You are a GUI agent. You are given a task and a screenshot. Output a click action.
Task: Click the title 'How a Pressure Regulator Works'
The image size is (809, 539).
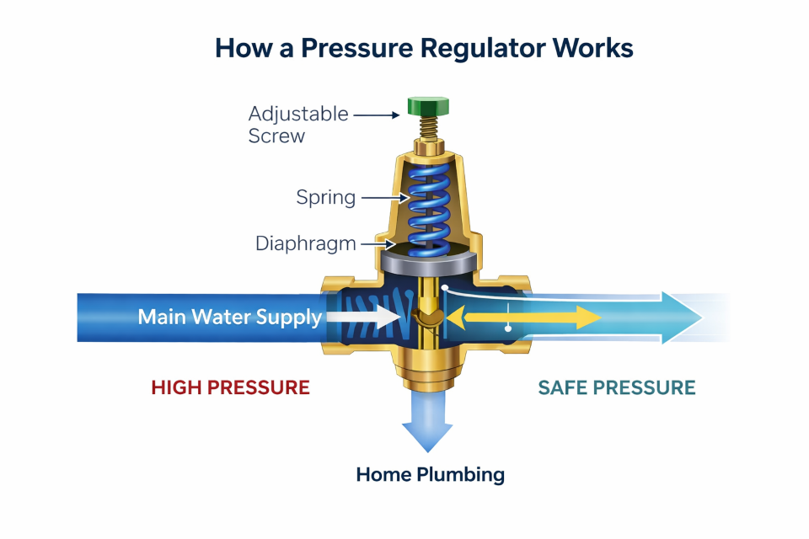[424, 48]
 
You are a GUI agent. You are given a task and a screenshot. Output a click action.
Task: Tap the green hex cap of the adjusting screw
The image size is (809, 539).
[428, 106]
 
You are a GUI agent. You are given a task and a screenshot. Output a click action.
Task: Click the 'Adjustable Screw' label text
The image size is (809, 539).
[286, 124]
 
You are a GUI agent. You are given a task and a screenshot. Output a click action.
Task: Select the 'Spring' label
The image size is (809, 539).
[325, 198]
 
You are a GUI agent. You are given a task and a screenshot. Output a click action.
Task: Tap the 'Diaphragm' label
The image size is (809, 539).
[306, 244]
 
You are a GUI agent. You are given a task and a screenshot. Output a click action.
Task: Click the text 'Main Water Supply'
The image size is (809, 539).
[229, 318]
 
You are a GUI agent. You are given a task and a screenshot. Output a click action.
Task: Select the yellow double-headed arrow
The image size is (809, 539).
[522, 318]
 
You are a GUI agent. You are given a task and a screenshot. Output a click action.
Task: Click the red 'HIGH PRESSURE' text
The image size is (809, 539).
[230, 387]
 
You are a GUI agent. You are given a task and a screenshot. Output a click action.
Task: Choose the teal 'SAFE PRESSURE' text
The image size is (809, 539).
[617, 387]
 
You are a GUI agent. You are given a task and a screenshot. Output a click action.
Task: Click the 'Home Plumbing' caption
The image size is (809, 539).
[430, 474]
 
